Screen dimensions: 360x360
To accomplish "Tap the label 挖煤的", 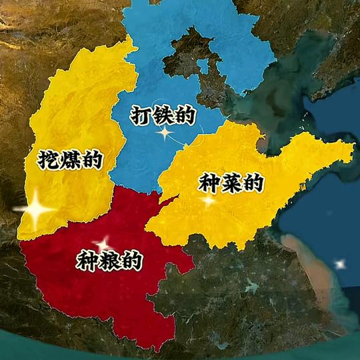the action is click(x=69, y=159).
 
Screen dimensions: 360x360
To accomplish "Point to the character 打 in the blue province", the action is click(x=141, y=115).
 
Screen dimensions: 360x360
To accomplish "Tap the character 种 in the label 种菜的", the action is click(x=207, y=184).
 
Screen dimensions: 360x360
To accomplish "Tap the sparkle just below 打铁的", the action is click(x=164, y=133).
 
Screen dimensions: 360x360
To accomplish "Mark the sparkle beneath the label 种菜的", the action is click(x=209, y=199).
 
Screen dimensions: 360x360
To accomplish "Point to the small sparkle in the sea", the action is click(x=341, y=265).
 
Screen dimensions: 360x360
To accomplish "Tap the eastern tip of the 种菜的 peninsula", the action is click(x=351, y=151).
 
